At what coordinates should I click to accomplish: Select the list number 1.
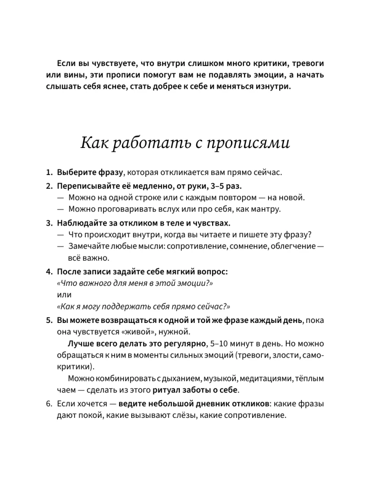[48, 172]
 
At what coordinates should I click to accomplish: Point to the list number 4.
[49, 272]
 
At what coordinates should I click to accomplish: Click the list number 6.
[49, 402]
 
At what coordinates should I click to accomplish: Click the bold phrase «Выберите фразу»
[90, 172]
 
